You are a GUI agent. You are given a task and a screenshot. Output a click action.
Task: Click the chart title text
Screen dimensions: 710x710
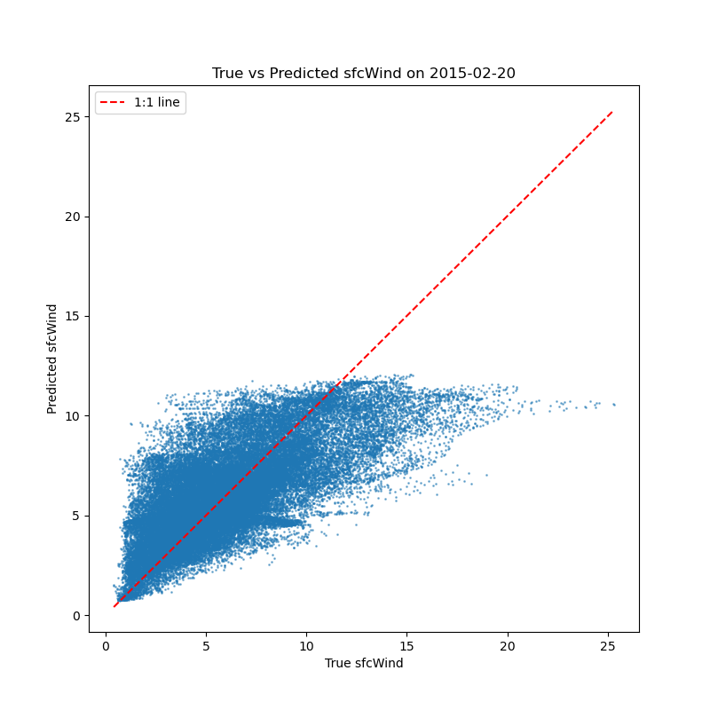tap(363, 73)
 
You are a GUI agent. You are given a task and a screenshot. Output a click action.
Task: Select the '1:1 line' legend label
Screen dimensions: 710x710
tap(157, 103)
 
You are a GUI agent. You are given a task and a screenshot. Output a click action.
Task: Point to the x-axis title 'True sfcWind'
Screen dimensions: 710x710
tap(364, 663)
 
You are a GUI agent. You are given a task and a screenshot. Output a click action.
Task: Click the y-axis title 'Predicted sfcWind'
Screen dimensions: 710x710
tap(52, 359)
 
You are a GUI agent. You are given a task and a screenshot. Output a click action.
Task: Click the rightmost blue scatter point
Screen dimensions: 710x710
tap(613, 405)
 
